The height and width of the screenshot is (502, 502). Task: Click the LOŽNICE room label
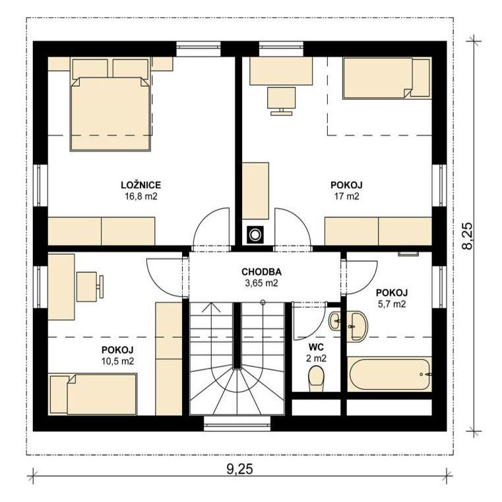[141, 185]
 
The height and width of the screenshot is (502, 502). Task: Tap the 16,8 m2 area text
[141, 196]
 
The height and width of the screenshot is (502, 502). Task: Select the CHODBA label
[261, 272]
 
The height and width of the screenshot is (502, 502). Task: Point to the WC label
[316, 347]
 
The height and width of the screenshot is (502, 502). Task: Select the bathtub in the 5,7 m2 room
[389, 375]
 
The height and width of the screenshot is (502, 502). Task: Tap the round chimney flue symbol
[255, 235]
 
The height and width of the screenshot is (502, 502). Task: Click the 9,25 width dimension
[240, 469]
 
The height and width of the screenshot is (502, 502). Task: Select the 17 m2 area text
[346, 196]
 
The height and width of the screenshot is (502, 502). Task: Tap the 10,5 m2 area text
[117, 361]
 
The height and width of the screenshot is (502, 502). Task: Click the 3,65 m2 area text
[261, 283]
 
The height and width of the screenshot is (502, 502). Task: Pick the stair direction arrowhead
[211, 307]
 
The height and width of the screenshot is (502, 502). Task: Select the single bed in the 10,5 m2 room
[93, 394]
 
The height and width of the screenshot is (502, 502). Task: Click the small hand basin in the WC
[335, 320]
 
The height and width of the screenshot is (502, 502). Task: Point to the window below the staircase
[237, 423]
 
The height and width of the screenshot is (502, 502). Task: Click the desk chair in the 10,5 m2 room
[90, 287]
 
